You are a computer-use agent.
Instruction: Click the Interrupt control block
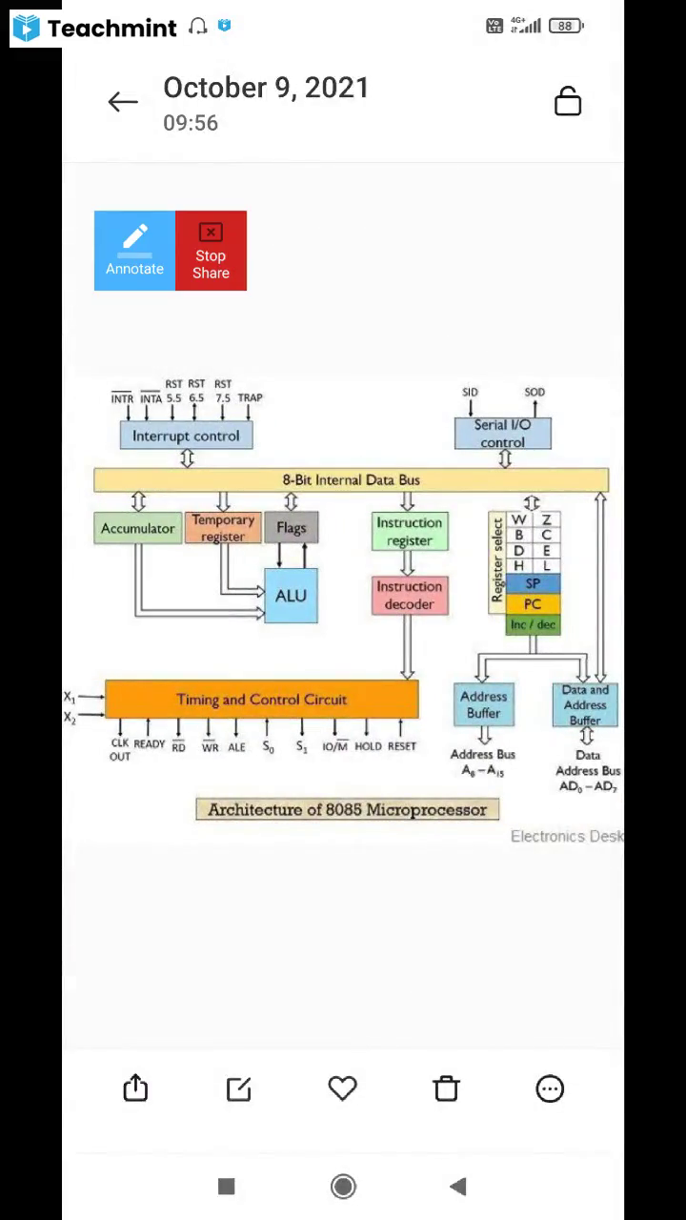pyautogui.click(x=186, y=436)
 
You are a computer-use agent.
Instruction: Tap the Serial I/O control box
pyautogui.click(x=502, y=434)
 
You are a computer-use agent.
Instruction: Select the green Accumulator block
pyautogui.click(x=138, y=528)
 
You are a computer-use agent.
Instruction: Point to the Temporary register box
pyautogui.click(x=223, y=528)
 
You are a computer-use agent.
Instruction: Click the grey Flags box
pyautogui.click(x=292, y=528)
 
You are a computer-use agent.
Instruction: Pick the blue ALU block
pyautogui.click(x=291, y=596)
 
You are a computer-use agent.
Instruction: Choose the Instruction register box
pyautogui.click(x=410, y=532)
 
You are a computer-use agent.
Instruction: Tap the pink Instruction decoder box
pyautogui.click(x=410, y=596)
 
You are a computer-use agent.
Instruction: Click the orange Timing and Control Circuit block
pyautogui.click(x=261, y=700)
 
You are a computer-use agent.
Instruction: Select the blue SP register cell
pyautogui.click(x=533, y=583)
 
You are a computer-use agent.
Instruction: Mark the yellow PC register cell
pyautogui.click(x=533, y=604)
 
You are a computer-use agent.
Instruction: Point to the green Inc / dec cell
pyautogui.click(x=533, y=625)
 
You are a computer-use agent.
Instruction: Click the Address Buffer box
pyautogui.click(x=483, y=704)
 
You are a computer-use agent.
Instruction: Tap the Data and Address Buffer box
pyautogui.click(x=585, y=705)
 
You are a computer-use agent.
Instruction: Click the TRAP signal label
pyautogui.click(x=250, y=398)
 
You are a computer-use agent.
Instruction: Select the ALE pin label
pyautogui.click(x=236, y=747)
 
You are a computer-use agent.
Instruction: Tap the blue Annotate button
pyautogui.click(x=134, y=251)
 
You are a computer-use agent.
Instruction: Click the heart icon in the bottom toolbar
pyautogui.click(x=342, y=1088)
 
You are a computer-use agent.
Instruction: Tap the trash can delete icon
pyautogui.click(x=446, y=1088)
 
